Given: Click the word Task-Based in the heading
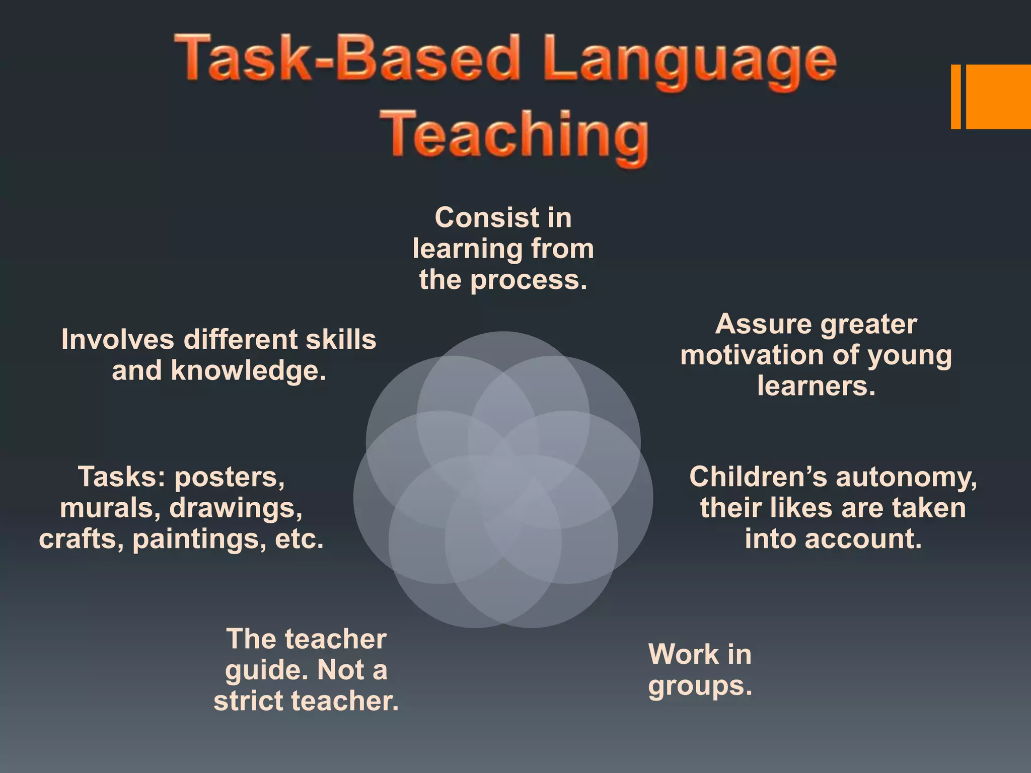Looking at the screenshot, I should point(347,58).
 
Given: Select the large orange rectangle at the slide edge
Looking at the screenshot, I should point(998,97).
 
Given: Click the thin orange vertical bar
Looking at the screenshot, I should point(955,97).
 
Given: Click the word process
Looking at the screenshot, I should point(529,280).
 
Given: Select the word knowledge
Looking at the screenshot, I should point(249,371).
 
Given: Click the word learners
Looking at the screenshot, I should point(816,386).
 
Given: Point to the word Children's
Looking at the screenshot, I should point(758,477).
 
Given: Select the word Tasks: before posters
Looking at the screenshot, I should point(121,477).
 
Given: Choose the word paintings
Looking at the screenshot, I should point(199,539).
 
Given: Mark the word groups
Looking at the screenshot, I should point(700,686).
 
